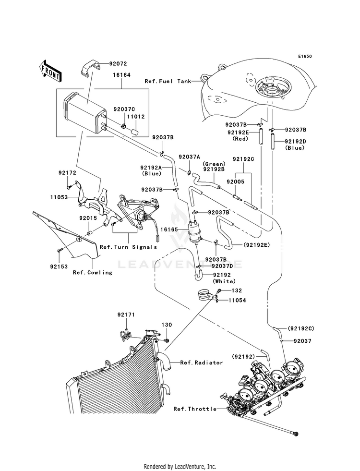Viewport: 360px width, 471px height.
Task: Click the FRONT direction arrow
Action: (50, 71)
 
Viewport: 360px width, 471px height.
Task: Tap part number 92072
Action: (118, 64)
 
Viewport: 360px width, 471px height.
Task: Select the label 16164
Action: (121, 75)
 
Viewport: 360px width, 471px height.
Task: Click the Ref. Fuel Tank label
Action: (168, 81)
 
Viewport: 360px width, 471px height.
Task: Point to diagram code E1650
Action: (305, 56)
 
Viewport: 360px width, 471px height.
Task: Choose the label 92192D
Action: (296, 141)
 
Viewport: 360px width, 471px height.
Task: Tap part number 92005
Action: (235, 181)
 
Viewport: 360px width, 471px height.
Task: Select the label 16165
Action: (169, 229)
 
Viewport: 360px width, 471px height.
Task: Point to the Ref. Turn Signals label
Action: (128, 247)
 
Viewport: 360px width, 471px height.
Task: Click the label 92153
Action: (59, 266)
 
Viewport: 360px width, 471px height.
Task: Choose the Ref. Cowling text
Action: (93, 272)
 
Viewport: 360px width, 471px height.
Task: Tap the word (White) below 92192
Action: (224, 281)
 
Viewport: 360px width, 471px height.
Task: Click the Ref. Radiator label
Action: (202, 362)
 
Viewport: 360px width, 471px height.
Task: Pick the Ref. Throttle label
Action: (195, 409)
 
